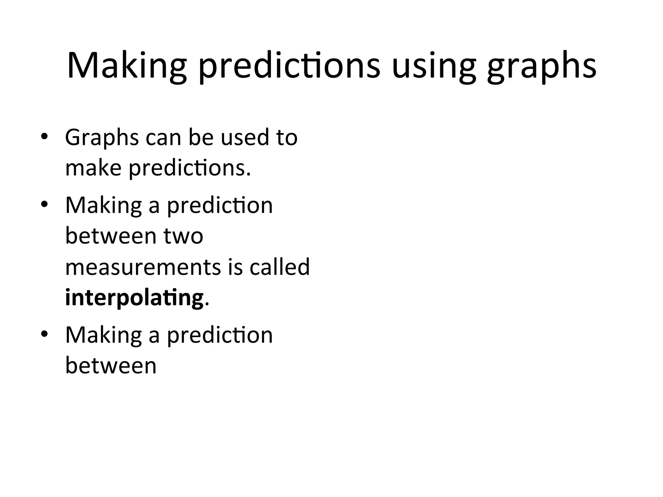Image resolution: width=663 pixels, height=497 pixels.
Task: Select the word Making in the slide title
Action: point(127,66)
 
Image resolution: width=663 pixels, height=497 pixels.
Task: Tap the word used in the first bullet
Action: point(245,138)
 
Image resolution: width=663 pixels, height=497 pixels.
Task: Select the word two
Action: point(183,236)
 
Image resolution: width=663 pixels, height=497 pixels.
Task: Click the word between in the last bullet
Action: point(111,366)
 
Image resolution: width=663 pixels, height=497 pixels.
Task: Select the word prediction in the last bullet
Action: point(220,335)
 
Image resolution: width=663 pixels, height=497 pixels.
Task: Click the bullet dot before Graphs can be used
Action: point(44,137)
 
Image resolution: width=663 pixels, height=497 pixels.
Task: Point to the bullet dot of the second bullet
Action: point(44,204)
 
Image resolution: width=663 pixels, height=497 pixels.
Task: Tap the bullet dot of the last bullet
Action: point(44,334)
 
